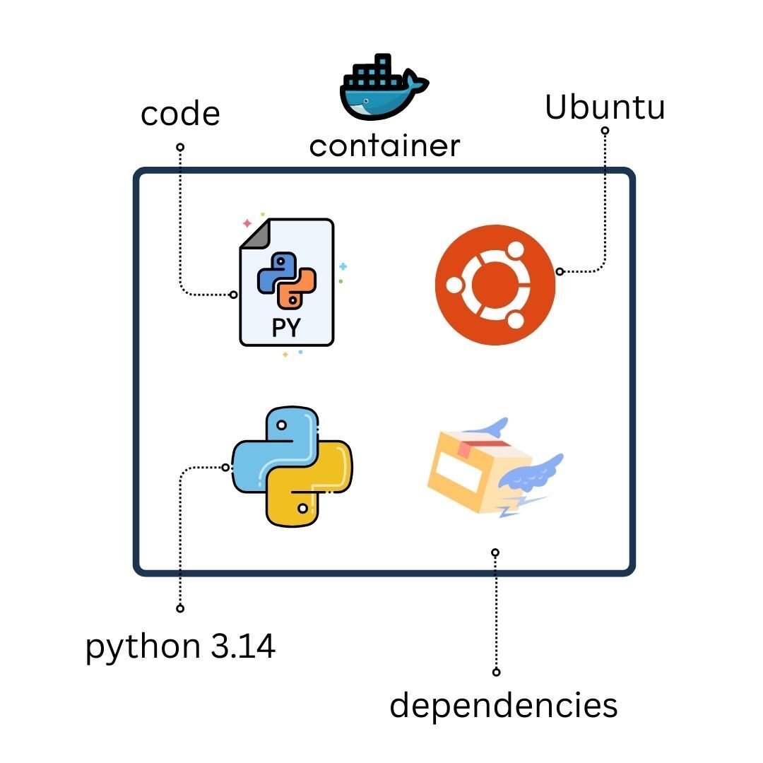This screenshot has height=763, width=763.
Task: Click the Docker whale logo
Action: (x=382, y=89)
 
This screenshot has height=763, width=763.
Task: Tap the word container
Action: (x=384, y=146)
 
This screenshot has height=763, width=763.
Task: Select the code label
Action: (x=180, y=114)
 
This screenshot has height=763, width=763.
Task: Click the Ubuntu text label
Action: (x=605, y=107)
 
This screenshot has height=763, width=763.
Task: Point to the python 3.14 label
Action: (x=180, y=646)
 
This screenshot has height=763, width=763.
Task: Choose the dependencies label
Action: (x=503, y=705)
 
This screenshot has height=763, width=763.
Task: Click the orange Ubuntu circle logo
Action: (x=495, y=285)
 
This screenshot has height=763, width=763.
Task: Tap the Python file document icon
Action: (x=287, y=283)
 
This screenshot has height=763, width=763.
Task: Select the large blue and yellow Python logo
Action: (x=292, y=466)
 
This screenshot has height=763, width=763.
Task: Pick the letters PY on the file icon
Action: (x=286, y=329)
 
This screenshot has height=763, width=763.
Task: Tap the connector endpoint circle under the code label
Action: (x=180, y=147)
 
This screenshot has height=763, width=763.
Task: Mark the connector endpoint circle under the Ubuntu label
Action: (x=605, y=131)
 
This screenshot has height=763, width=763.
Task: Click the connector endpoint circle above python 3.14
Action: (x=180, y=608)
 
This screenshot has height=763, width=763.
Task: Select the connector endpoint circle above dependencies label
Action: (x=496, y=672)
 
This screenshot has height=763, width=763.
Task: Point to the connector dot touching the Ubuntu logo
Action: (x=560, y=271)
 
